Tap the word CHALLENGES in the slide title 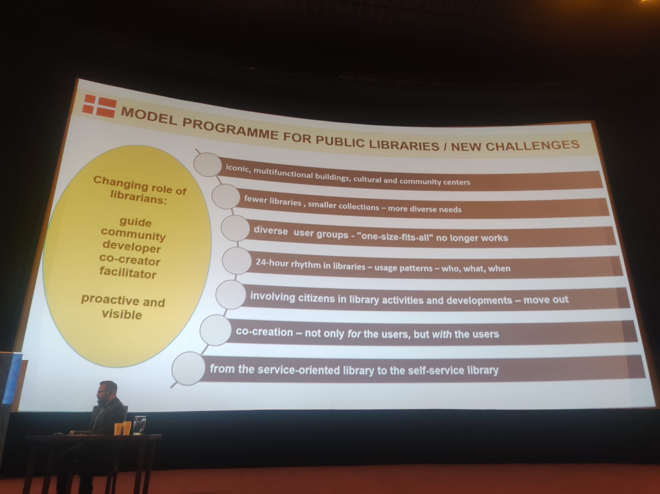click(532, 145)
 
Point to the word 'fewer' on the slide click(255, 199)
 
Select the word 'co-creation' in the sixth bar click(265, 332)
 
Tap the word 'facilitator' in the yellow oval click(128, 273)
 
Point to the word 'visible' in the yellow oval click(122, 314)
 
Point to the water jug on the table click(140, 425)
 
